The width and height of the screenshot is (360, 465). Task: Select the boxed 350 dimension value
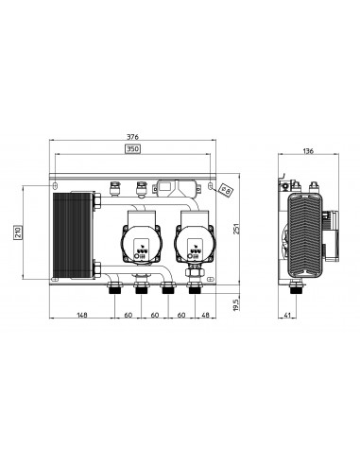pos(136,148)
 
